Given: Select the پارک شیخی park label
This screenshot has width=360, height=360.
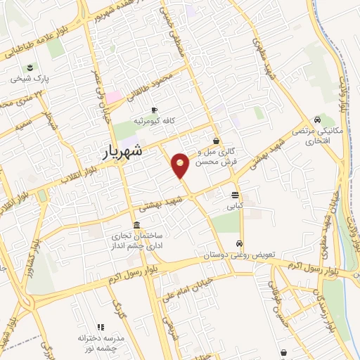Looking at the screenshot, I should pos(29,79).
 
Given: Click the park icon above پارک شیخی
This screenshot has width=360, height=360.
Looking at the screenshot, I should pos(30,67).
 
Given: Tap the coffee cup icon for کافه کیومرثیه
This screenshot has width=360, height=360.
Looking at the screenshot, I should pos(155,109).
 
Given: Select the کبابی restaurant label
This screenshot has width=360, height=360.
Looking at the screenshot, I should pos(234,207).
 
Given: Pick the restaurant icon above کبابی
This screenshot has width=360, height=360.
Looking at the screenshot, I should pos(235,195).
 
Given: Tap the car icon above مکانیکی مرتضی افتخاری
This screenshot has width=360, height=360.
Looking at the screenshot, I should pos(319,120).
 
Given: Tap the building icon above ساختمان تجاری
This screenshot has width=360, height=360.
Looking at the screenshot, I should pos(136,226).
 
